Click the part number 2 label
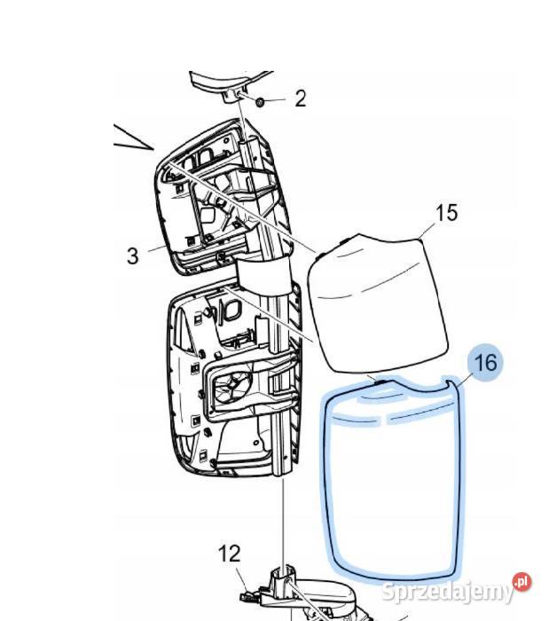301,98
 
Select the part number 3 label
133,255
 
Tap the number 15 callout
447,213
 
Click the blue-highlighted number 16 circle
485,362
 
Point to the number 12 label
229,554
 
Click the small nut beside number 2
260,102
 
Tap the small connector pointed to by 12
247,595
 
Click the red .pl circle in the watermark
522,582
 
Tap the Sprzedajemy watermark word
447,592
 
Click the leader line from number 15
427,231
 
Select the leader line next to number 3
158,248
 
